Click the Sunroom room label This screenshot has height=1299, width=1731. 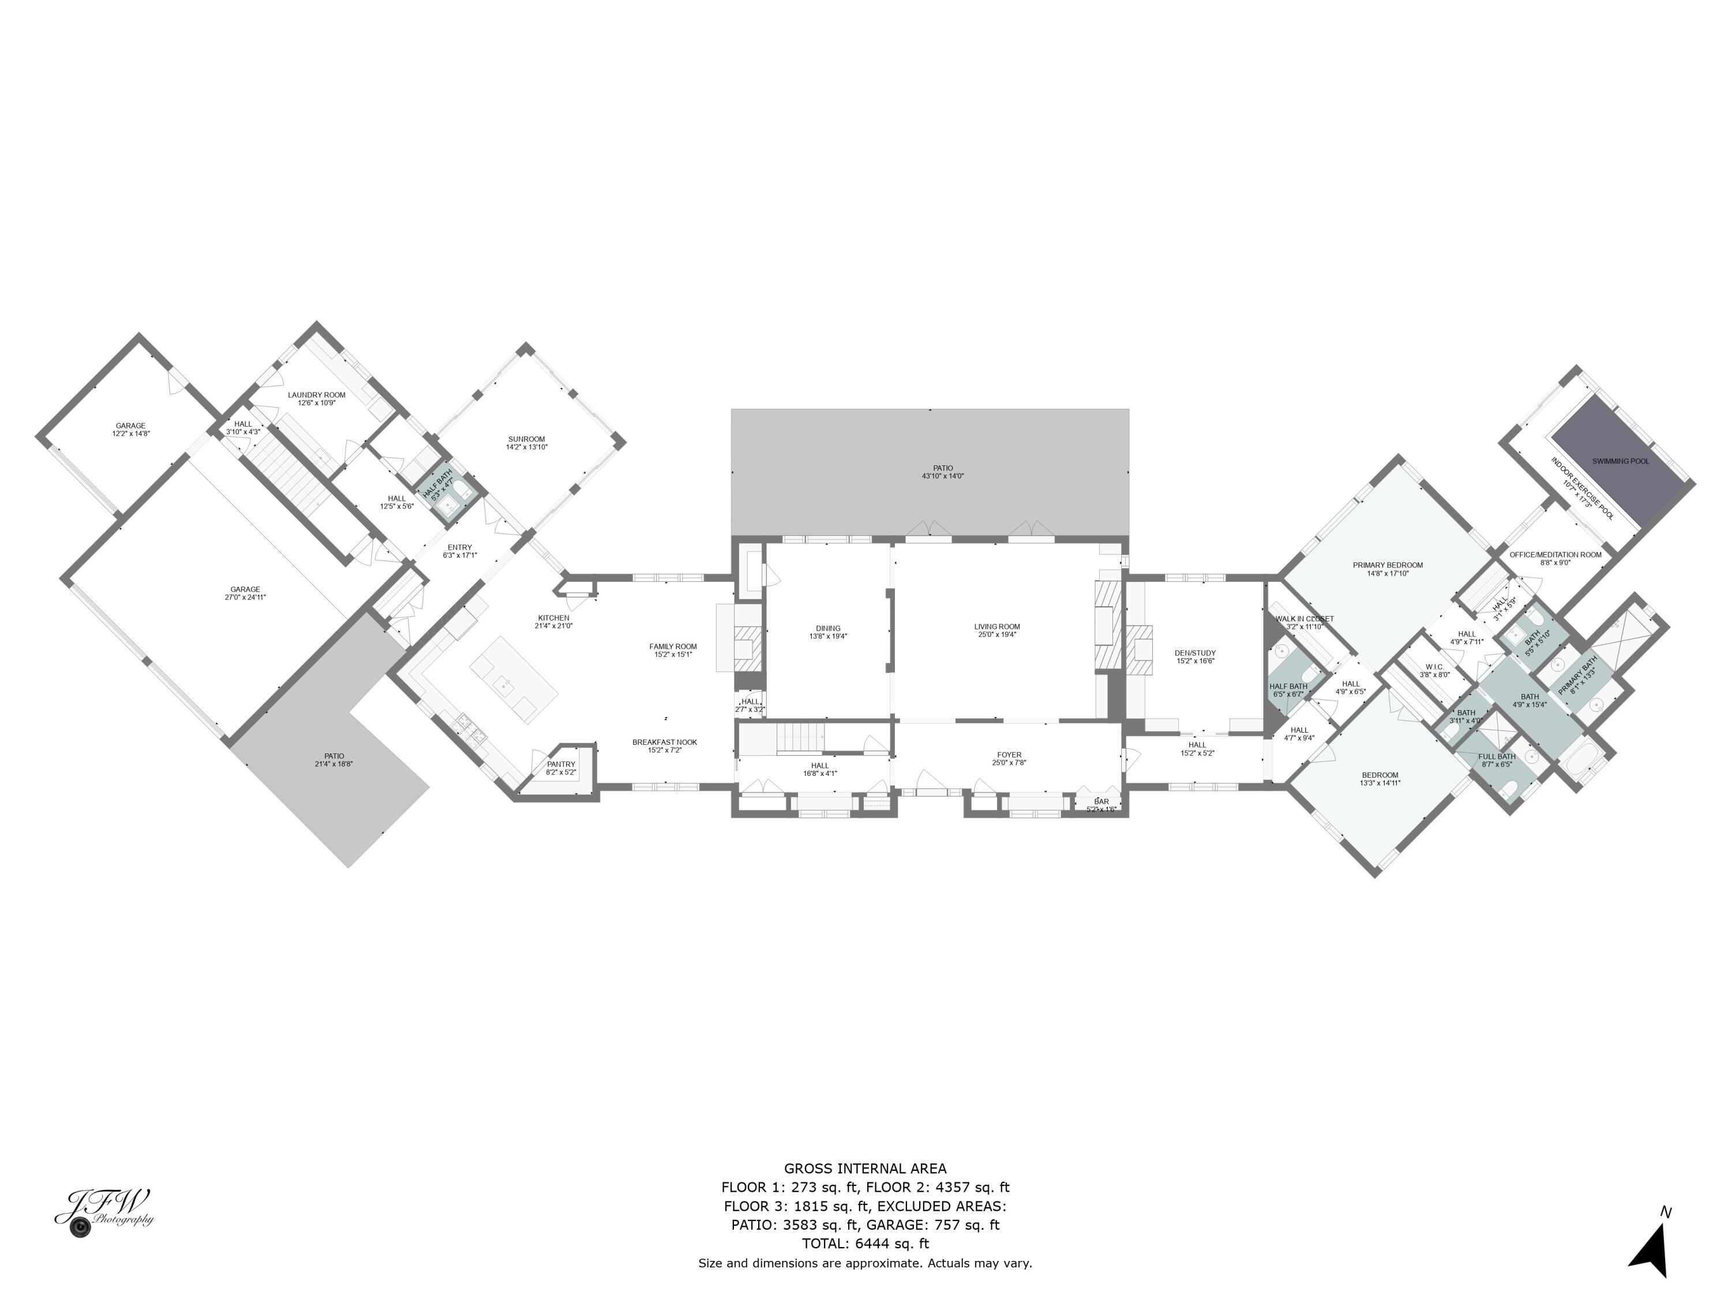[x=526, y=439]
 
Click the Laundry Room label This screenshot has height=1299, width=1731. [x=316, y=395]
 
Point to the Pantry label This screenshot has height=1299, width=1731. [x=560, y=764]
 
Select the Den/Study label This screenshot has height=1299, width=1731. [x=1195, y=652]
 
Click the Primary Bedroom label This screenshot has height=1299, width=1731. [x=1388, y=565]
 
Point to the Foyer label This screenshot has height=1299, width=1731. [x=1009, y=755]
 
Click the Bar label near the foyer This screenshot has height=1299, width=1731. [x=1101, y=801]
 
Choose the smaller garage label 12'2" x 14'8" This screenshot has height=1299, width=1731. [x=130, y=433]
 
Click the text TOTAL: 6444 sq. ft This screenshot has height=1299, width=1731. [x=865, y=1244]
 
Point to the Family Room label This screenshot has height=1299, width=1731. [x=672, y=646]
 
